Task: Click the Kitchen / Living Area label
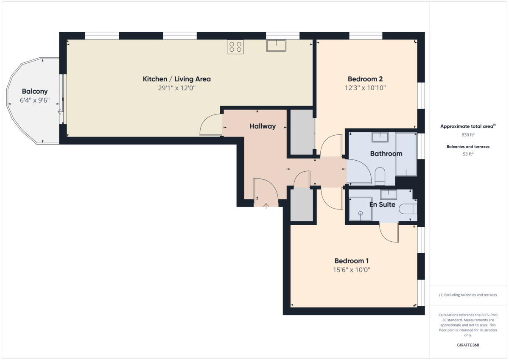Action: click(x=176, y=79)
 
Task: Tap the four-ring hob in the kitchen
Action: click(x=235, y=47)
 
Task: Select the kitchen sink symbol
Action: click(x=276, y=45)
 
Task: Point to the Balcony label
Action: click(x=35, y=91)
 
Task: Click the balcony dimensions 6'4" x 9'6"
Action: click(x=35, y=100)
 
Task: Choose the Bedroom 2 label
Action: click(x=365, y=79)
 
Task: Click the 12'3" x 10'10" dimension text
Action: click(x=365, y=88)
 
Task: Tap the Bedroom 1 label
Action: click(x=352, y=261)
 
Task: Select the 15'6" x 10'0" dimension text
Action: click(x=352, y=270)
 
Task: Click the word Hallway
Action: click(x=263, y=126)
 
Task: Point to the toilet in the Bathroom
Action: click(x=380, y=176)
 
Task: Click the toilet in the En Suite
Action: click(x=408, y=209)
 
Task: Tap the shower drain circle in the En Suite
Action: click(x=361, y=213)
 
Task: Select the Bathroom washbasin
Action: click(x=380, y=137)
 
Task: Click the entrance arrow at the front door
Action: click(x=266, y=206)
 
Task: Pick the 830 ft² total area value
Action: click(x=467, y=135)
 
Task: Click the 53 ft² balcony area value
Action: click(x=468, y=154)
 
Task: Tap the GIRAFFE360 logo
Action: click(x=468, y=345)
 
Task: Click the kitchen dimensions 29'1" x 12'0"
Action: click(x=177, y=88)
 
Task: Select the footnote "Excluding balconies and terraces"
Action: click(x=470, y=295)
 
